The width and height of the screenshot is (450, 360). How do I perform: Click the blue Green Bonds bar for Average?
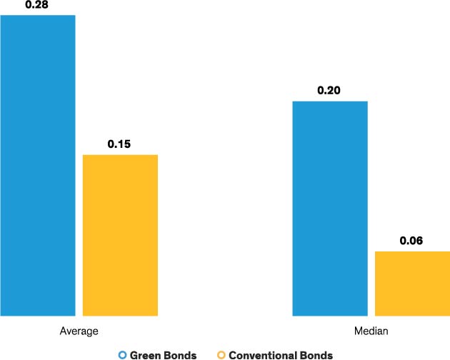click(x=37, y=164)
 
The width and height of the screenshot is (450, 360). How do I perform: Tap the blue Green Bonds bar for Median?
click(x=330, y=208)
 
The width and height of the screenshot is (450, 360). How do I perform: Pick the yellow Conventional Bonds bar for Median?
click(x=412, y=283)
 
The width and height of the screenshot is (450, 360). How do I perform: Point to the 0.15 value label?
click(x=119, y=144)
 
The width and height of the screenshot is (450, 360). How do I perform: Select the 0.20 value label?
click(x=330, y=91)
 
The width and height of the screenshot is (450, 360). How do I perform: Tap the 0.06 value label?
click(x=411, y=241)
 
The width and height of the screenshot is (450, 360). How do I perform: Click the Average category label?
click(x=79, y=332)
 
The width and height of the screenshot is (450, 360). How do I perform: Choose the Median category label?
click(x=371, y=332)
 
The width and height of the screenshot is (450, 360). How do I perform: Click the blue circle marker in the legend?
click(x=122, y=354)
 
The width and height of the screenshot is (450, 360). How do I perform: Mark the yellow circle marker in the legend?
click(x=221, y=354)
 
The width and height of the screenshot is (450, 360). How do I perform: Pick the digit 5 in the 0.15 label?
click(x=127, y=144)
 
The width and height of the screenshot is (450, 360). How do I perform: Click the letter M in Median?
click(x=358, y=332)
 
